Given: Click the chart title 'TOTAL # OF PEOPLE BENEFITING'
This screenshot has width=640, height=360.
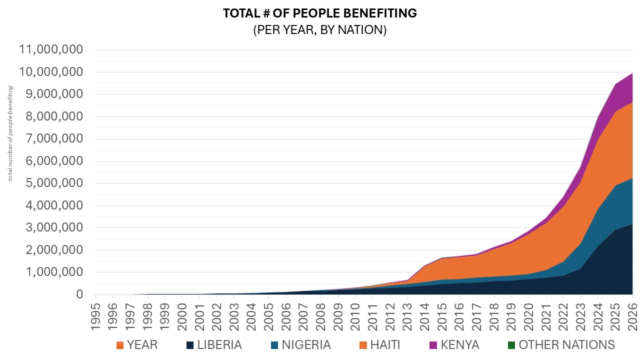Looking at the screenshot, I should [x=319, y=13].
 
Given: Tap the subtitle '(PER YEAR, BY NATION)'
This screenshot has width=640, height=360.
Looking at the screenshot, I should [x=319, y=30].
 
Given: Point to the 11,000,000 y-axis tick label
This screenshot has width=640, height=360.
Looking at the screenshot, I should [x=50, y=50].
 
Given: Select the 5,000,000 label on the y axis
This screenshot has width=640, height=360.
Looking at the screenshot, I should [x=50, y=183].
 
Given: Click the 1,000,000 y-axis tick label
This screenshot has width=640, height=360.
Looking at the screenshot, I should [x=50, y=272].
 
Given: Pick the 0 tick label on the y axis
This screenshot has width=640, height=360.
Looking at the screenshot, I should [x=79, y=294].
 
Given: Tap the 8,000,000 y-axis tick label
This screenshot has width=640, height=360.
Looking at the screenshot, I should [x=50, y=117].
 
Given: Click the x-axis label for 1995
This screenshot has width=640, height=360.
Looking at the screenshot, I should [x=95, y=316].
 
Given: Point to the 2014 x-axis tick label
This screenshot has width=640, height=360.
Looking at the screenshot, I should [x=424, y=316].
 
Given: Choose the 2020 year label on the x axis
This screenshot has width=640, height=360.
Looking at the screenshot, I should [x=529, y=316].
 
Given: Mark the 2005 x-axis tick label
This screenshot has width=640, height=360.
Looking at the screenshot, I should [x=268, y=316].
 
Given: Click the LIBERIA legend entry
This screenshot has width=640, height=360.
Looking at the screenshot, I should [x=213, y=345].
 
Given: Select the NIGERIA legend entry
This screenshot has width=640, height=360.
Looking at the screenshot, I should [x=300, y=345].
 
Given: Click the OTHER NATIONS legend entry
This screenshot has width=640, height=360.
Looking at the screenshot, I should [x=560, y=345].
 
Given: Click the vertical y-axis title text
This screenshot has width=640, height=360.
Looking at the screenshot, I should [x=10, y=133].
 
